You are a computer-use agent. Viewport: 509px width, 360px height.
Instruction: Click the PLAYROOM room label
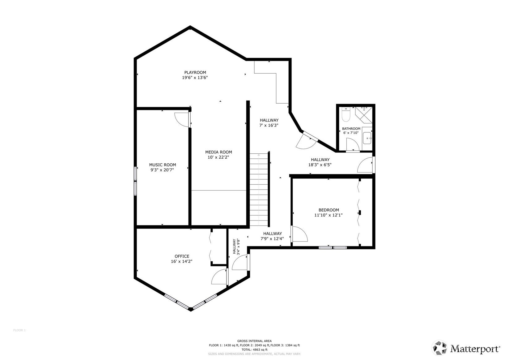coord(195,73)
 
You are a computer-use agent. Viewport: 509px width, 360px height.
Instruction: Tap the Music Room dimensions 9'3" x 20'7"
coord(162,170)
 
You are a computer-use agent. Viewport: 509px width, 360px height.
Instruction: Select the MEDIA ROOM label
coord(218,152)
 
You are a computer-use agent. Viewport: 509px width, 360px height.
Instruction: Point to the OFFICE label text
coord(182,256)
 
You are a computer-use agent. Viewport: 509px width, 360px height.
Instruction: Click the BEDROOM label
coord(329,210)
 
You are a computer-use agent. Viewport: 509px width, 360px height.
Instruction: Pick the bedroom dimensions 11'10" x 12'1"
coord(328,215)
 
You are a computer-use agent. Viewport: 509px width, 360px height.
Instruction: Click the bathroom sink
coord(367,138)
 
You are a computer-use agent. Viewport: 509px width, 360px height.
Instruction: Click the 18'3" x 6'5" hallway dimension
coord(320,165)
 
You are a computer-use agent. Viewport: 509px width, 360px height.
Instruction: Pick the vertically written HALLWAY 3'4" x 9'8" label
coord(236,246)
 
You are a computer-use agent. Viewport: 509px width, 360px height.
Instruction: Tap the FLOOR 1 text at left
coord(19,330)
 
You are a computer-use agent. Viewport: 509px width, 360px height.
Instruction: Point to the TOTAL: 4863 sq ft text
coord(254,350)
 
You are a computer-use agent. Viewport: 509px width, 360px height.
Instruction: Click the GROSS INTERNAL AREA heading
coord(254,341)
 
